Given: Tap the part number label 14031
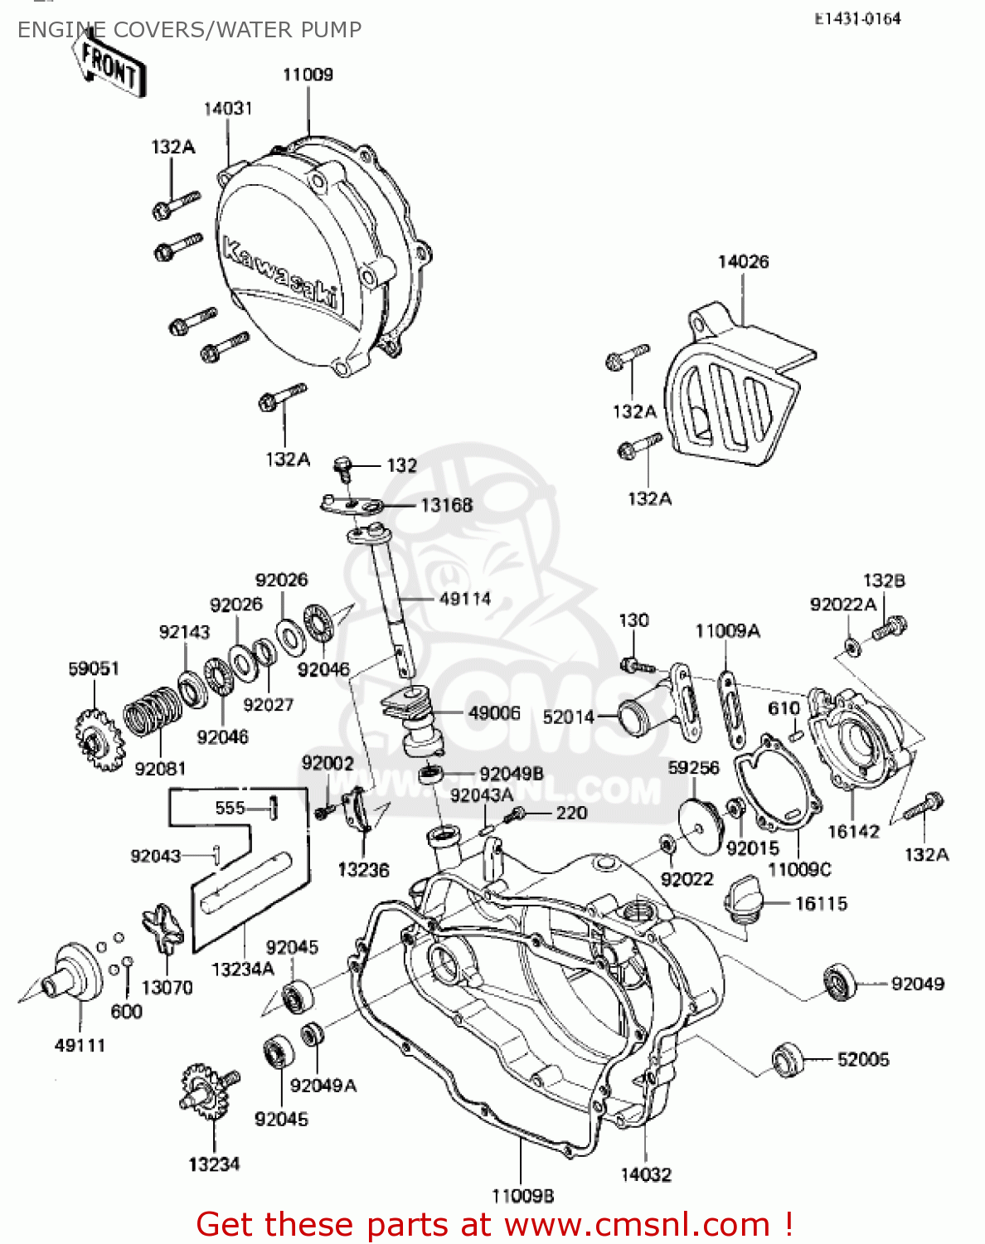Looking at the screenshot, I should (228, 109).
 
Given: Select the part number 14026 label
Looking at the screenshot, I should (743, 262).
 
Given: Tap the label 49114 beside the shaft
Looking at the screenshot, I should (465, 599).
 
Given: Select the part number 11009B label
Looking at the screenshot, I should (522, 1196).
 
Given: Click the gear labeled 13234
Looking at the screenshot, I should (205, 1093).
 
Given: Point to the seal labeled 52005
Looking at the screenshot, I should (788, 1059).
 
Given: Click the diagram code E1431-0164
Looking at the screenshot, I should (857, 19).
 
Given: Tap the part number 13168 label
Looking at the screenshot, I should (446, 505).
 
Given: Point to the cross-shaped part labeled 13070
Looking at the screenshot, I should (163, 932).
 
